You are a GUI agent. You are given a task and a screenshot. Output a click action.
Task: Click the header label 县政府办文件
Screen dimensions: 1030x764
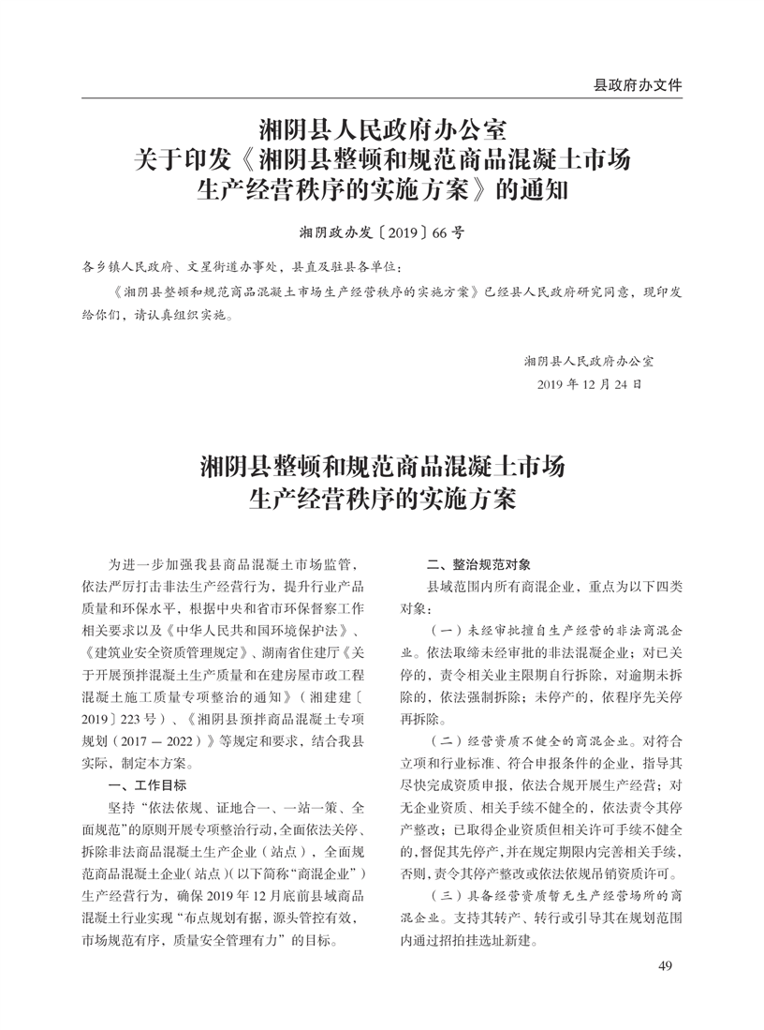click(x=638, y=85)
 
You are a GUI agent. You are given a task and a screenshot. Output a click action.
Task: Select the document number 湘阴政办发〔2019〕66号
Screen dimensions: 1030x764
click(x=381, y=230)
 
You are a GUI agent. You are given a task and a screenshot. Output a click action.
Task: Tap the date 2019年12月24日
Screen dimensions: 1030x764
click(x=590, y=384)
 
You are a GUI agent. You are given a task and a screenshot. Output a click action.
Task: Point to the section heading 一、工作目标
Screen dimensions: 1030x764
click(x=148, y=784)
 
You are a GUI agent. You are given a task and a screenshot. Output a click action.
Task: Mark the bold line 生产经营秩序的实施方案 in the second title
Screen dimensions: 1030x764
click(x=381, y=498)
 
